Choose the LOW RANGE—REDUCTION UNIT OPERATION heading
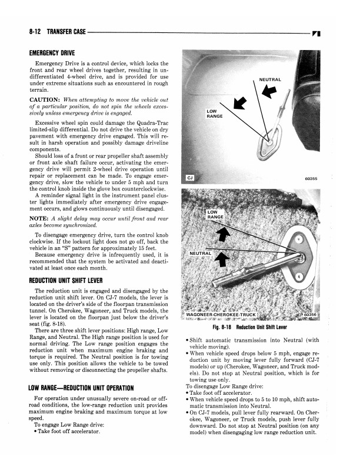tap(92, 388)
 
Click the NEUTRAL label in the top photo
tap(269, 79)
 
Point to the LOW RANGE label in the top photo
tap(214, 114)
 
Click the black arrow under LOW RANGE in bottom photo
tap(222, 234)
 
